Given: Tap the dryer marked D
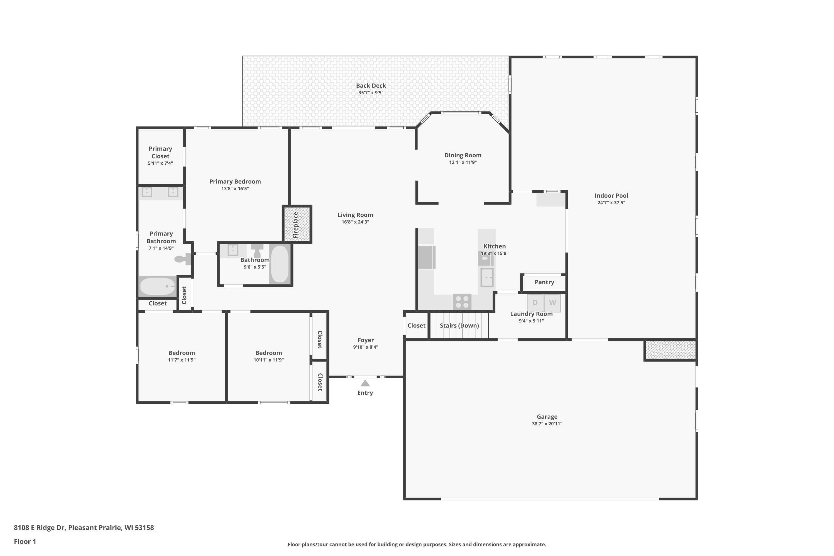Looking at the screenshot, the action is point(535,302).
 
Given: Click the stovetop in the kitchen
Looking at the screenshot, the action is point(462,302).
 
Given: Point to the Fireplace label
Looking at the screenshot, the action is point(296,225).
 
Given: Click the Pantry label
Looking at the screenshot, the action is point(544,282).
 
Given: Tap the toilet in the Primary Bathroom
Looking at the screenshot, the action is point(183,259).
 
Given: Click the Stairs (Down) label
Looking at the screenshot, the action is point(460,326).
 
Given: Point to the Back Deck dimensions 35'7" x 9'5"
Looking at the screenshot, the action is point(371,93).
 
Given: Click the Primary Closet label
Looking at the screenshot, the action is point(160,152).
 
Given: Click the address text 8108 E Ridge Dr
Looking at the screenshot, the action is point(40,528).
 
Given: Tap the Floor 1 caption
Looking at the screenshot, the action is point(25,542).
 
